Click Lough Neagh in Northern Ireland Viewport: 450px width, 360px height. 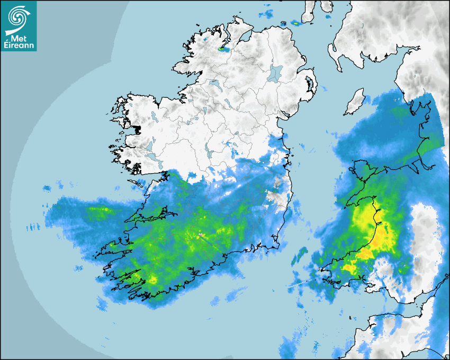pyautogui.click(x=276, y=73)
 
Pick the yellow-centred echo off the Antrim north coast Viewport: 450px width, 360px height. pyautogui.click(x=295, y=23)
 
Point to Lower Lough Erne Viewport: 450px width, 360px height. pyautogui.click(x=214, y=84)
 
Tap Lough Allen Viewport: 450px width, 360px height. pyautogui.click(x=203, y=110)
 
